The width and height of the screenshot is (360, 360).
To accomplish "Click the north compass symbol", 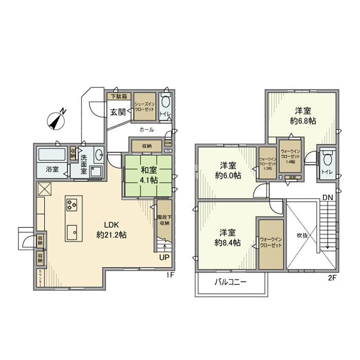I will click(56, 120).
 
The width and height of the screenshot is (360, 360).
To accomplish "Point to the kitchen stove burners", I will click(71, 206).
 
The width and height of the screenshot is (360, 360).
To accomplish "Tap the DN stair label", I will click(327, 196).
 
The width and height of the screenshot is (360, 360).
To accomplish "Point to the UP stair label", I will click(164, 258).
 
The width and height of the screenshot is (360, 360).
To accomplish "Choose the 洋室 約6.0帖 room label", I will click(228, 170).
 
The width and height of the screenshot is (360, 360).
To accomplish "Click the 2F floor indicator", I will click(332, 278).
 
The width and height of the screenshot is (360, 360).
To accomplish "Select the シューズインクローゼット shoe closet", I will click(145, 106).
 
